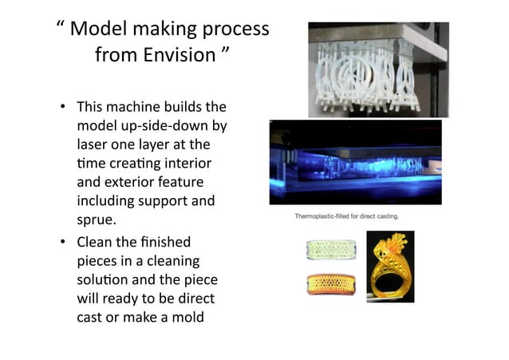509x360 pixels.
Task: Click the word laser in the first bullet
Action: pos(94,144)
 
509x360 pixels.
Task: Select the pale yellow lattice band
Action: pos(329,249)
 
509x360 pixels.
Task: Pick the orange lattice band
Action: pos(329,283)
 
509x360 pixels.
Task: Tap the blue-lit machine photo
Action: pos(355,164)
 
